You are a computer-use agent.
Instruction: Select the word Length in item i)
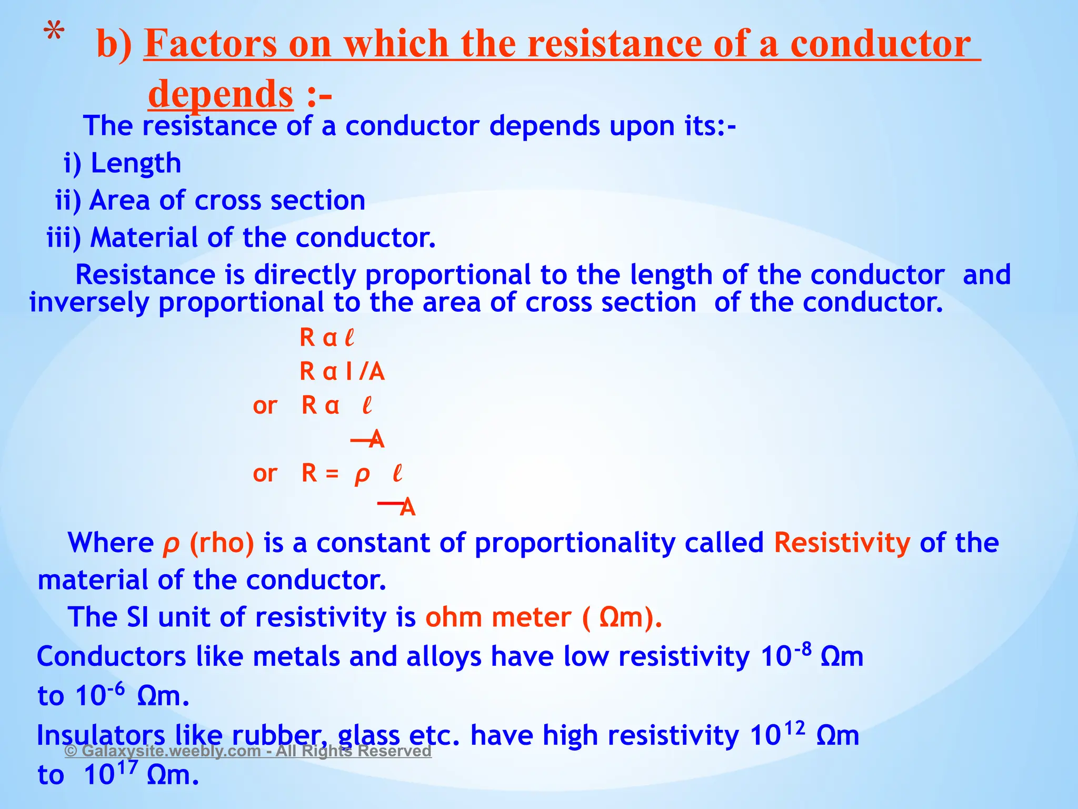tap(136, 163)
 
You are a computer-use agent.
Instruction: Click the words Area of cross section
tap(227, 201)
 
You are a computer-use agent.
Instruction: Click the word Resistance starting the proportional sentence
tap(145, 275)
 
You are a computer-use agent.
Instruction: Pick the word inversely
tap(89, 303)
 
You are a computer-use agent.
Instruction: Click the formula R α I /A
tap(342, 372)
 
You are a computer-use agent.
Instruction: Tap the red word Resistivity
tap(842, 543)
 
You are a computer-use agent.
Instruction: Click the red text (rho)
tap(222, 543)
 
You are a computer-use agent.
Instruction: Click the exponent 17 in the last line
tap(128, 767)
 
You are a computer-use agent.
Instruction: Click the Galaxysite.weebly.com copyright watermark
tap(248, 751)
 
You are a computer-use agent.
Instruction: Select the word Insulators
tap(101, 735)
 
